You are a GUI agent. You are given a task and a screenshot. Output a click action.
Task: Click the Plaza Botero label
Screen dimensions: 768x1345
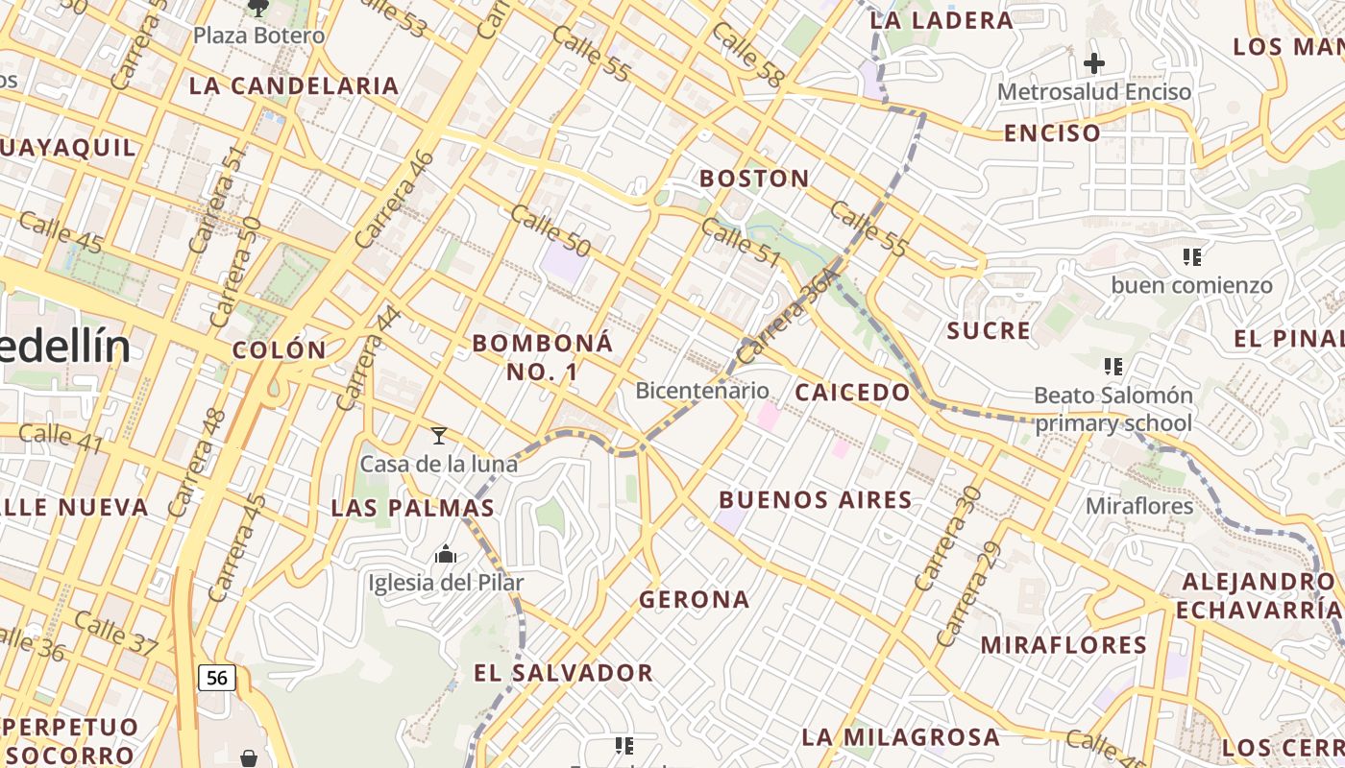tap(258, 36)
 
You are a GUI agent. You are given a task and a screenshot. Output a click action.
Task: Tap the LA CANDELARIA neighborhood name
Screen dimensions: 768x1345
tap(294, 85)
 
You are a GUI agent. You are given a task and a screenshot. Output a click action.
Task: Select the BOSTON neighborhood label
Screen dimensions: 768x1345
tap(754, 179)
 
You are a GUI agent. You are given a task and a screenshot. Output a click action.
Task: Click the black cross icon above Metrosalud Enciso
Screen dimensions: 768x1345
tap(1093, 64)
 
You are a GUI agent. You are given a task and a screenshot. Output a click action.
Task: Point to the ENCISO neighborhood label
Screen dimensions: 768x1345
tap(1052, 133)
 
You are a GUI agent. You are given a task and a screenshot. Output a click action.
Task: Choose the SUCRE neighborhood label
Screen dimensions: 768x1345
tap(989, 331)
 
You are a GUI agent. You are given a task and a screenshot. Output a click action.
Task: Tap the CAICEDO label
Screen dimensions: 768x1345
tap(851, 392)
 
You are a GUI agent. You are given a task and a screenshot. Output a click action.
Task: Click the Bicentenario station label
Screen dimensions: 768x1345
tap(702, 391)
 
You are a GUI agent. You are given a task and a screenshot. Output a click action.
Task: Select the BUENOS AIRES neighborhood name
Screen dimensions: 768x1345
tap(816, 499)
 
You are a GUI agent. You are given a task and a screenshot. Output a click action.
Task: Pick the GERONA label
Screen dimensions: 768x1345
tap(695, 600)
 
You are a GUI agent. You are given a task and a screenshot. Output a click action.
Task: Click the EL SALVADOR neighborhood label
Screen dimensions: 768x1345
tap(564, 673)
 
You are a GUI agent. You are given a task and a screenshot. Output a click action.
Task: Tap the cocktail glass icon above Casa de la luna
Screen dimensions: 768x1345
tap(439, 436)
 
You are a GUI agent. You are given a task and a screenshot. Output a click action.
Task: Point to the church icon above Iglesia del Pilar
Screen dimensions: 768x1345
tap(445, 554)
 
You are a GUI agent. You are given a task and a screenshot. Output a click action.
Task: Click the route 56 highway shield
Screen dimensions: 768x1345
tap(217, 678)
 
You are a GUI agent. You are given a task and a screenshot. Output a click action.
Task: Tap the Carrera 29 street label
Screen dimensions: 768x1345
tap(968, 595)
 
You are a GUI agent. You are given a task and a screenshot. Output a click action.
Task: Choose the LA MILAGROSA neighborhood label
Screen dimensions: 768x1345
tap(900, 737)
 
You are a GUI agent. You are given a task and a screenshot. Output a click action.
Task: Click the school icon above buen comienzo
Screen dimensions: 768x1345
tap(1192, 256)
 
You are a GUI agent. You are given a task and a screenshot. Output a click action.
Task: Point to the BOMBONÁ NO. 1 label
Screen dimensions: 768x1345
tap(542, 357)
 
